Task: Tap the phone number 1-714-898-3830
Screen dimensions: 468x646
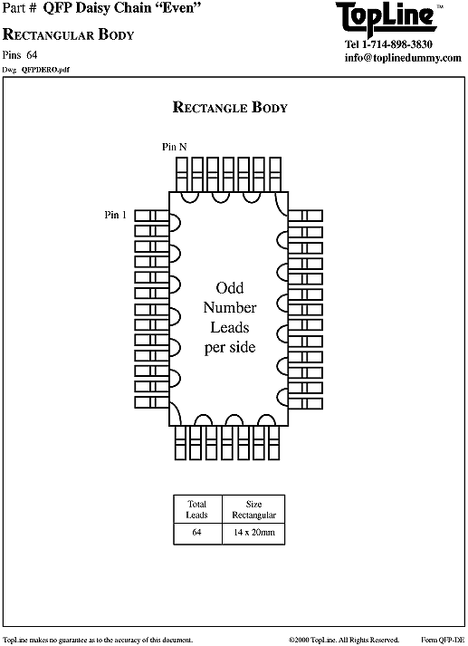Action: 397,44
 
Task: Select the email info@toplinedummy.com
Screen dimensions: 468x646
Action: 403,58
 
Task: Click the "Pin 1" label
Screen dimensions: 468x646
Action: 115,215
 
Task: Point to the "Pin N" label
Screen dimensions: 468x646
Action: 174,147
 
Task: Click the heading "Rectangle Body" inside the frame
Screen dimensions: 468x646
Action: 230,107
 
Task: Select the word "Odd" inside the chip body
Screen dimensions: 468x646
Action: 230,287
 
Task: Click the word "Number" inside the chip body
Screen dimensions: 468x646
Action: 230,307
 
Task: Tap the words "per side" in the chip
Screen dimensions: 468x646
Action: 230,347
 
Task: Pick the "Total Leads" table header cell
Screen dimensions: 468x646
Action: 197,509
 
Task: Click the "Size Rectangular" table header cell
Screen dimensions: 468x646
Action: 253,509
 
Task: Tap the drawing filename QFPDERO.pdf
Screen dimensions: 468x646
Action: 45,70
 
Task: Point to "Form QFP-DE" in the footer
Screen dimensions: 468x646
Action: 443,640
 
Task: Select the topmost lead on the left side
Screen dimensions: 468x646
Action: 151,216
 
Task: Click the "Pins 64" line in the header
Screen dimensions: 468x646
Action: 20,54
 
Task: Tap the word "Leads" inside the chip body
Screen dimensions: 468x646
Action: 230,328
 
